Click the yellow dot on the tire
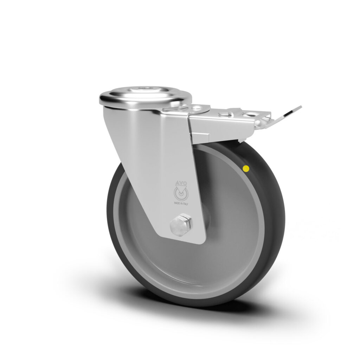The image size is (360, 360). [246, 169]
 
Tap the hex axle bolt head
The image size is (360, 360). [181, 224]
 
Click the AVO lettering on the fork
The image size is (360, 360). [181, 183]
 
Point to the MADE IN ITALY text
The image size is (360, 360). [181, 204]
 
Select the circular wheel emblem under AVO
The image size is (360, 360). [181, 194]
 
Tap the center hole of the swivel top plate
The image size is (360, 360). [144, 88]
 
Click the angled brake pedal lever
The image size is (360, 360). [287, 115]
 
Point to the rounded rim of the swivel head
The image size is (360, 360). [145, 99]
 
